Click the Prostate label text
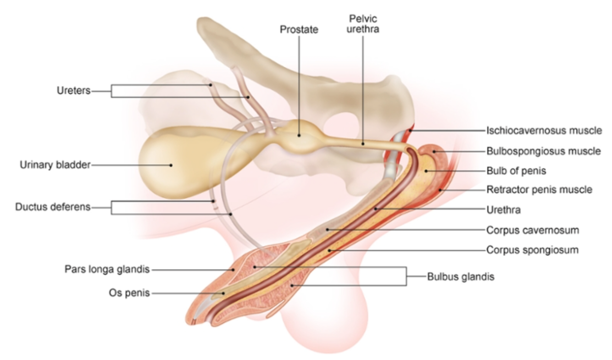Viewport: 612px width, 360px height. point(299,30)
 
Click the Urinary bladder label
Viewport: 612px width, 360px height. point(55,165)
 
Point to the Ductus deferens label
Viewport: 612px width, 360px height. point(53,207)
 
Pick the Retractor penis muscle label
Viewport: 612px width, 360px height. point(540,189)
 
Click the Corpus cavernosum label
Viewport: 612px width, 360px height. point(533,230)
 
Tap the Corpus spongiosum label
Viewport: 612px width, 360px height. point(532,250)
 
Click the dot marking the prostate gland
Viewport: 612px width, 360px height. point(299,135)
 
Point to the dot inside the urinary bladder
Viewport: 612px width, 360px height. point(172,165)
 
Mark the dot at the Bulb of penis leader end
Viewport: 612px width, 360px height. point(427,171)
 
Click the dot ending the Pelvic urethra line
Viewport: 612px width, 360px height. point(362,144)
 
